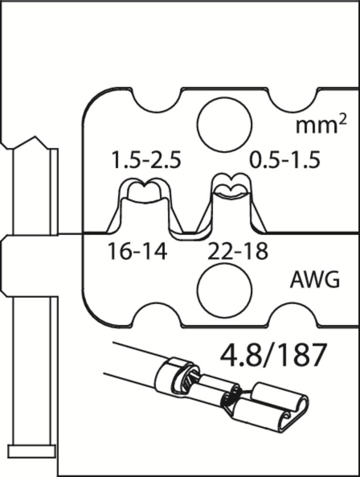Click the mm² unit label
point(321,126)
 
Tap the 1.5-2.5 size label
point(146,160)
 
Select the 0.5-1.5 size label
point(285,160)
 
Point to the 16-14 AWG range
point(137,251)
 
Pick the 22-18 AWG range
point(238,251)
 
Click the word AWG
point(315,280)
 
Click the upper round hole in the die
point(225,124)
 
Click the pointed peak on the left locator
point(36,137)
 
